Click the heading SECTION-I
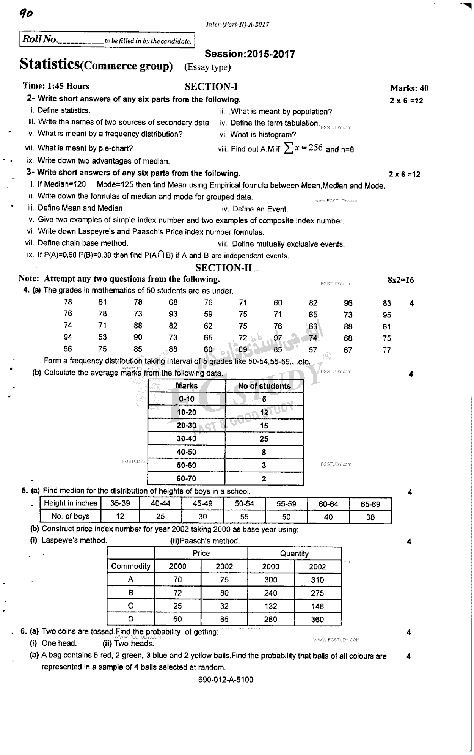211,87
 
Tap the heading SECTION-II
223,267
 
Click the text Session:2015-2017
250,54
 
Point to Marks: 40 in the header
409,88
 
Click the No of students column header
264,386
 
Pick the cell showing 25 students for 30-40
264,439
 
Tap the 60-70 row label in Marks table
186,479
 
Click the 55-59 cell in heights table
286,504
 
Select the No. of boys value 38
370,517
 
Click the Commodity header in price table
131,566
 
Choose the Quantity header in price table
294,554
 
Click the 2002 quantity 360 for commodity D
317,620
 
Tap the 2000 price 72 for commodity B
177,593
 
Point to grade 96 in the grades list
348,303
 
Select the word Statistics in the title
50,64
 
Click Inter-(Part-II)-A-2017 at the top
237,24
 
